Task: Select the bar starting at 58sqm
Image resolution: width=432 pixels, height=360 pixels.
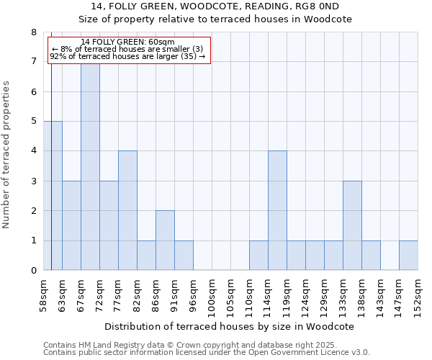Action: click(53, 196)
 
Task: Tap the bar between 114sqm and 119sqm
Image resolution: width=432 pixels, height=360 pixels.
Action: click(277, 210)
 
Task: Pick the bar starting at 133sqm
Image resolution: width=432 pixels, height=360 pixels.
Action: click(352, 225)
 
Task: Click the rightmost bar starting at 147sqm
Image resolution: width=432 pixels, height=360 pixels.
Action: click(408, 256)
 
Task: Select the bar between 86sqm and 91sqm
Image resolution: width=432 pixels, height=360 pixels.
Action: click(165, 240)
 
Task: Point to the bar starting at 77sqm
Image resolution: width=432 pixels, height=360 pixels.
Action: click(127, 210)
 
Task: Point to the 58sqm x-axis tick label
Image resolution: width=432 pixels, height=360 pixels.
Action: click(43, 296)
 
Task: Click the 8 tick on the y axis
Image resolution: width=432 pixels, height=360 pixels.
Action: click(33, 32)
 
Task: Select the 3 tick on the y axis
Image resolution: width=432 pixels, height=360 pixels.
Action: click(33, 181)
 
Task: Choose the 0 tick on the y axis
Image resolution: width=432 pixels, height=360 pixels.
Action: click(33, 271)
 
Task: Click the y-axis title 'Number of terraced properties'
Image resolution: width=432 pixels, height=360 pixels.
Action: click(7, 154)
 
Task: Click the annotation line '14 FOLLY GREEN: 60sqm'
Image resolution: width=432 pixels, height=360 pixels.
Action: click(127, 42)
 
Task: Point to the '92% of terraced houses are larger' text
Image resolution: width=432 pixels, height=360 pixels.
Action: click(127, 56)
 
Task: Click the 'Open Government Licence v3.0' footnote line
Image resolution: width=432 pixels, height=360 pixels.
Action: click(207, 353)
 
